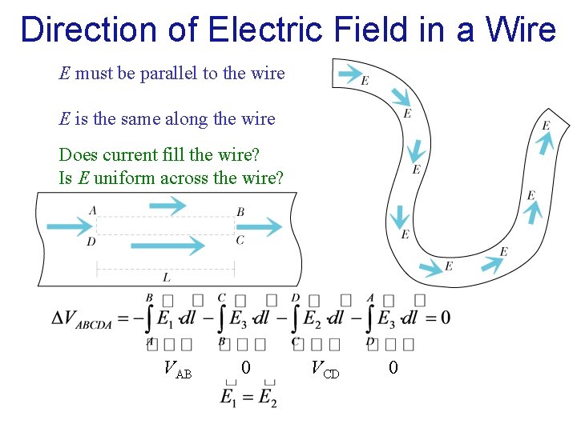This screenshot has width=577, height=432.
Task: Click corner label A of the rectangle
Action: point(93,210)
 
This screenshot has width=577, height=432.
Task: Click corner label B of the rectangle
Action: point(240,212)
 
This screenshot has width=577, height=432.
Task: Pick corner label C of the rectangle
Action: point(240,240)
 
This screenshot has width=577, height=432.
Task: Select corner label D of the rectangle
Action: point(91,241)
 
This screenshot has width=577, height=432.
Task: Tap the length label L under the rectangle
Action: point(166,278)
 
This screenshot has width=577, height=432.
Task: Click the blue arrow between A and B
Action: point(167,206)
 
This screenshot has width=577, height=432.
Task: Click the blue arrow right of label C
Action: point(265,227)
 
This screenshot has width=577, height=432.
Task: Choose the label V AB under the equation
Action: point(177,369)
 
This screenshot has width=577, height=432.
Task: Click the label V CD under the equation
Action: point(325,369)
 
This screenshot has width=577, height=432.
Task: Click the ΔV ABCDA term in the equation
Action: point(89,318)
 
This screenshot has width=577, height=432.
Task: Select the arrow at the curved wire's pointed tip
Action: point(545,142)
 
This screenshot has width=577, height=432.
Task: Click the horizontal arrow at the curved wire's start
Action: point(350,74)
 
